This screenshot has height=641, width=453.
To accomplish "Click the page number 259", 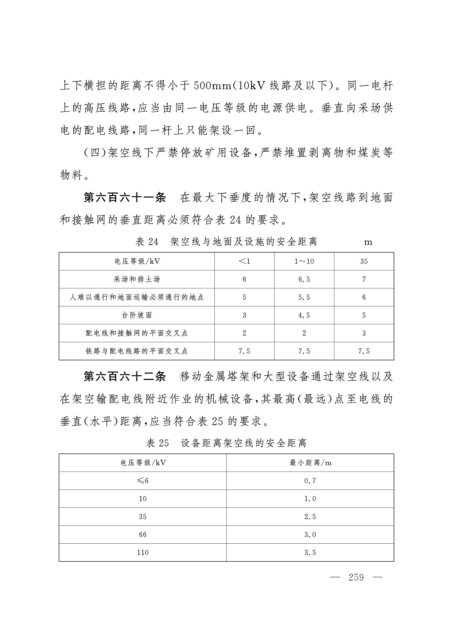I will point(356,577).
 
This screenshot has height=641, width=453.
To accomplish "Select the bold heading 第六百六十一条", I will point(124,198).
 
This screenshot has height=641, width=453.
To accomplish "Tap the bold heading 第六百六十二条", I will point(124,377).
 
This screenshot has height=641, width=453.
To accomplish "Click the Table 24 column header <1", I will point(244,261).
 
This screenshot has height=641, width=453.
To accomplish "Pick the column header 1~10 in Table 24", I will point(304,261).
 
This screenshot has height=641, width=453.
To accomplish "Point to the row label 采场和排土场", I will point(137,279).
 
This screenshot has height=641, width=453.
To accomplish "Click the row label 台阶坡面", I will point(137,315).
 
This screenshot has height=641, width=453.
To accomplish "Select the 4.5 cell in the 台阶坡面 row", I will point(304,315).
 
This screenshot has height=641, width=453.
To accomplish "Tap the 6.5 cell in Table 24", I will point(304,279).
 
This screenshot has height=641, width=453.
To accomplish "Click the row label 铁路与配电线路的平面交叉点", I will point(137,351).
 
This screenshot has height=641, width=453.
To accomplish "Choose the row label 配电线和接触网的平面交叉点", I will point(137,333).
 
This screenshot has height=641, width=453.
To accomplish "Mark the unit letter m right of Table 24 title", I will point(368,242).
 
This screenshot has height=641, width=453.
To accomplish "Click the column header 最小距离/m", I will point(310,463).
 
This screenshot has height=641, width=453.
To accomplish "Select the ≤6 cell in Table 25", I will point(143,481).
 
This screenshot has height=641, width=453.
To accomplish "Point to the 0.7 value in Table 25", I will point(310,481).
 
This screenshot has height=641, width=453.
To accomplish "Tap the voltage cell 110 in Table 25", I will point(143,552).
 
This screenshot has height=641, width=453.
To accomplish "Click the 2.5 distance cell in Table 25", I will point(310,517).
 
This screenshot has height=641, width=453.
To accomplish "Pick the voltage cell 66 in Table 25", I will point(143,534).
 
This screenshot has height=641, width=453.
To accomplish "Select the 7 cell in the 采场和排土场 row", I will point(364,279).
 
